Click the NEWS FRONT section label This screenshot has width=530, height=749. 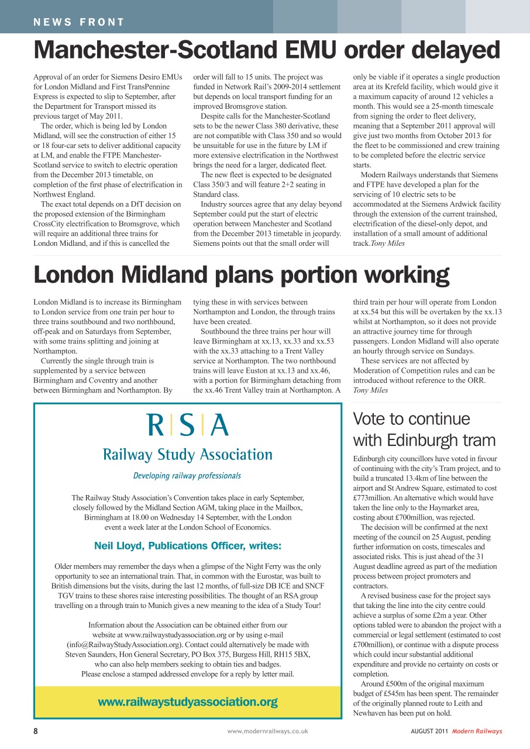(x=79, y=23)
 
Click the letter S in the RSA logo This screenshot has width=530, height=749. (x=187, y=425)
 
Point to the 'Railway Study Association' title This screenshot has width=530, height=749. (x=188, y=455)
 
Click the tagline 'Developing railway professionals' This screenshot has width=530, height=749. (x=187, y=476)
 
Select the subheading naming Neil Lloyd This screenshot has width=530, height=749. (x=188, y=546)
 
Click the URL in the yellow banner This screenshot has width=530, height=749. (x=188, y=702)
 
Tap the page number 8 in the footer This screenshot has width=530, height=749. (x=36, y=731)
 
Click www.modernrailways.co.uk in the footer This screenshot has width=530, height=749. (x=267, y=731)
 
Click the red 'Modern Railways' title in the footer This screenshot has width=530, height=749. (x=477, y=731)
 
